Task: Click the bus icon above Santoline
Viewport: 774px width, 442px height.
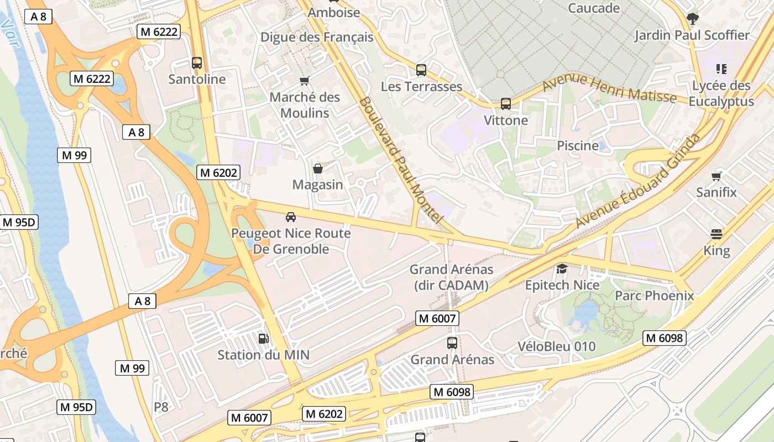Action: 196,62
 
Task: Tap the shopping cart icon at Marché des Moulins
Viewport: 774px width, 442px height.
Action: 304,81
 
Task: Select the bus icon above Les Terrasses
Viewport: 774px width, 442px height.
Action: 421,70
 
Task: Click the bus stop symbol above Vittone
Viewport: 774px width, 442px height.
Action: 505,103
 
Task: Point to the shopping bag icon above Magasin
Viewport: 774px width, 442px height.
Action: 317,168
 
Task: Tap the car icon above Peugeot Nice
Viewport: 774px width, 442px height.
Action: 291,217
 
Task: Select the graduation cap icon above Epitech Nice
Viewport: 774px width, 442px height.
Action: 562,269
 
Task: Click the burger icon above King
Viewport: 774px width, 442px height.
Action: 717,234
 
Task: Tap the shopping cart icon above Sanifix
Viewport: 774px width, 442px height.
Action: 717,176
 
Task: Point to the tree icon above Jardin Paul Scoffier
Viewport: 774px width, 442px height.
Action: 692,19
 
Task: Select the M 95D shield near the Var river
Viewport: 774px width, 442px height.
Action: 19,223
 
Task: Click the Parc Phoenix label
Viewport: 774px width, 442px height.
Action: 654,296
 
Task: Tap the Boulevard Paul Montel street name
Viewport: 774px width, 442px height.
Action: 400,160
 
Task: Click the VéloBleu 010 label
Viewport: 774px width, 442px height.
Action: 556,346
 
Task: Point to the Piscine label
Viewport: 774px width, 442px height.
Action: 578,145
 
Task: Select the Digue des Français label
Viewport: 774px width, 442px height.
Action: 317,38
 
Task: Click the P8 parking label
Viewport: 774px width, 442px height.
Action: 161,407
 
